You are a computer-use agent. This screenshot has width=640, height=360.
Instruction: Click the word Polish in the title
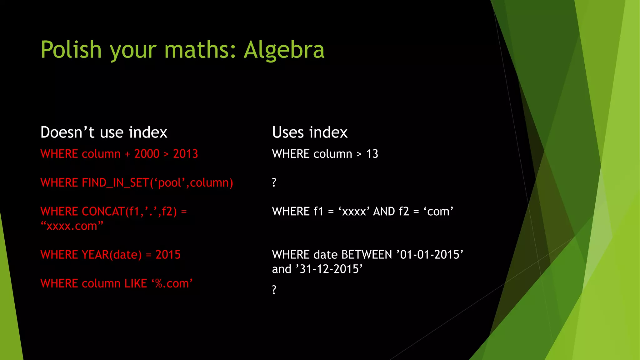click(x=71, y=50)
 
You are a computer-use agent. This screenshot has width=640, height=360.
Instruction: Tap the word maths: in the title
click(x=200, y=50)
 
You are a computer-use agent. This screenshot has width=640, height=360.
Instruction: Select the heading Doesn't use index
click(x=104, y=132)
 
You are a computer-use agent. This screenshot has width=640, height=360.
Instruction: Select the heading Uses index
click(x=310, y=132)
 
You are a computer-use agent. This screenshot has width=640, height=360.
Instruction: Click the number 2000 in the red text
click(x=147, y=154)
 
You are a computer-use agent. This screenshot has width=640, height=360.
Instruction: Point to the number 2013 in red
click(x=186, y=154)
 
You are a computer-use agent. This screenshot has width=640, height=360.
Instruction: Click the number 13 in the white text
click(x=372, y=154)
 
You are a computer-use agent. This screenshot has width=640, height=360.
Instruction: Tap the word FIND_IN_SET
click(x=115, y=183)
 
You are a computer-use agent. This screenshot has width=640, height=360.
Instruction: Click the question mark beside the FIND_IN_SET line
click(x=274, y=182)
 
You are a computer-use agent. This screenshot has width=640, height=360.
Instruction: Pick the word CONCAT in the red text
click(x=103, y=212)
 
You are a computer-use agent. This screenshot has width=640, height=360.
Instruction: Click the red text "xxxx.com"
click(x=72, y=226)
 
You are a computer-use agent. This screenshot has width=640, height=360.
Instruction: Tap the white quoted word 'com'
click(x=438, y=212)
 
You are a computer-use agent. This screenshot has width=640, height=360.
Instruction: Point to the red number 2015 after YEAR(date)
click(x=168, y=255)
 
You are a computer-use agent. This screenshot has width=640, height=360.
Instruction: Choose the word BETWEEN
click(x=367, y=255)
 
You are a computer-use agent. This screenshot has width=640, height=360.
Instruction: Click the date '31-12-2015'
click(x=329, y=269)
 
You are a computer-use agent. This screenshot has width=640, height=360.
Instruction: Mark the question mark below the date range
click(x=274, y=290)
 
